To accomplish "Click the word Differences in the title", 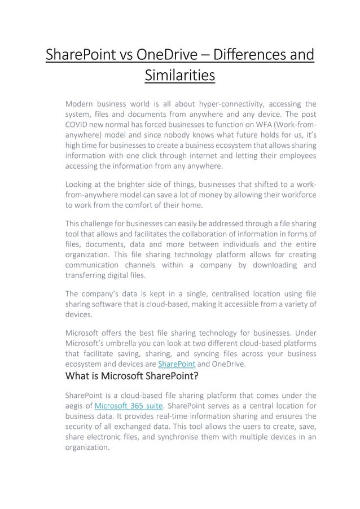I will click(x=244, y=56).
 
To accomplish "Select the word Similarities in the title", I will click(x=180, y=75).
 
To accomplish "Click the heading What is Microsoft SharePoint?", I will click(x=128, y=376).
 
